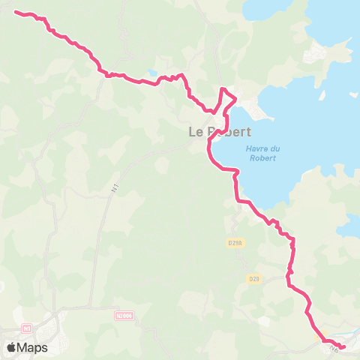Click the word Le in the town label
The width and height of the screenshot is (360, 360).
(x=196, y=132)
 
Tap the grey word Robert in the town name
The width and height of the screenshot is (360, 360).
(x=230, y=132)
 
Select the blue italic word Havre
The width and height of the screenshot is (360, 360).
(x=256, y=148)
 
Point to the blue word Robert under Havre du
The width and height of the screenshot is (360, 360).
(x=265, y=157)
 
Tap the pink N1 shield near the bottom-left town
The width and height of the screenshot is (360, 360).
(x=27, y=328)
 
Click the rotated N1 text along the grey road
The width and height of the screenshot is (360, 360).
(x=115, y=190)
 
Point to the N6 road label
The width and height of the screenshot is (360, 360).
(x=334, y=346)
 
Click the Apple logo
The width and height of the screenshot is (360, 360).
(x=12, y=347)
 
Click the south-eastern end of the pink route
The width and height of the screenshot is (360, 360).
(x=343, y=346)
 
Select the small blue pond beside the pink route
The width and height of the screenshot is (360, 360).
(x=153, y=73)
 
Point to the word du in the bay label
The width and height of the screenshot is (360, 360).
(x=271, y=148)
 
